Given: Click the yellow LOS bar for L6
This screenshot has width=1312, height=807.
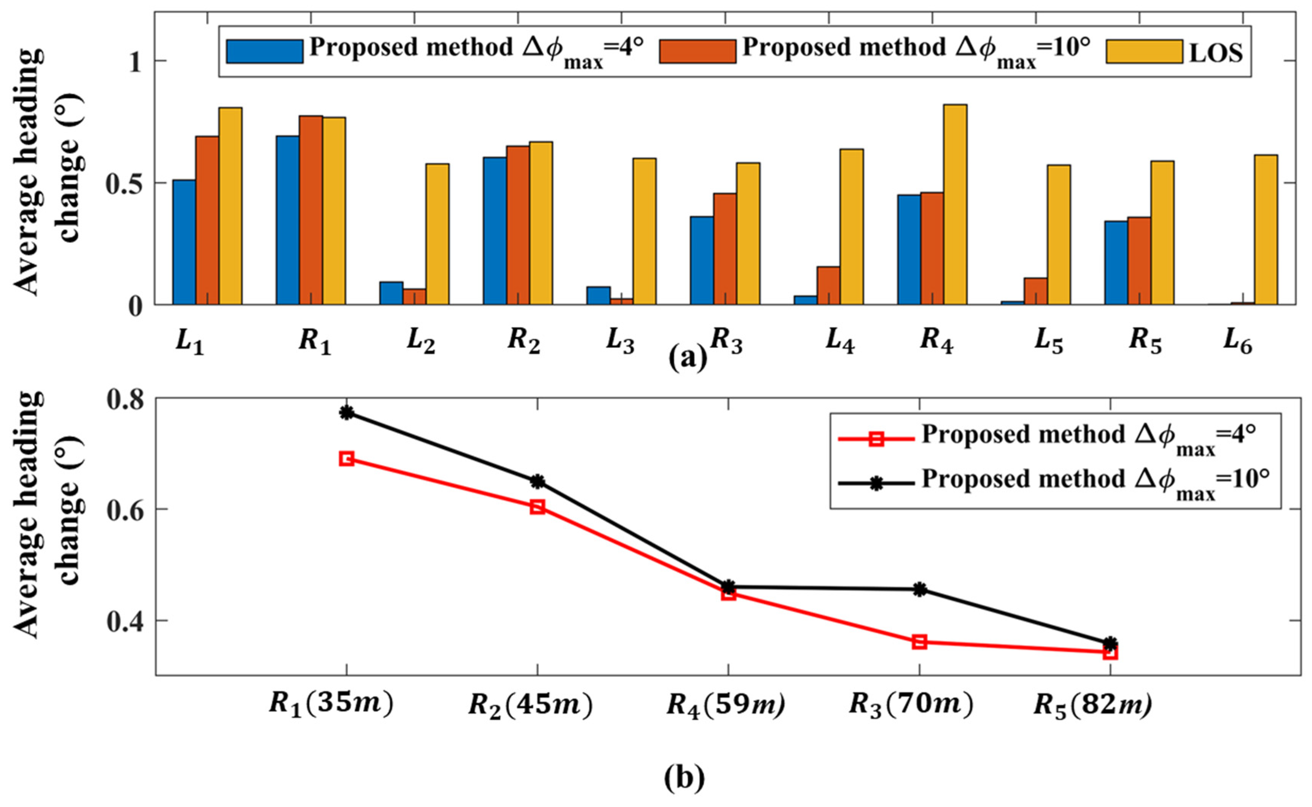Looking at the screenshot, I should (1266, 229).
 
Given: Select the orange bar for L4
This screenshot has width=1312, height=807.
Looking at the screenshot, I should (828, 285).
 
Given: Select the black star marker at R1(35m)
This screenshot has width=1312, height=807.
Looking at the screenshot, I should (347, 412).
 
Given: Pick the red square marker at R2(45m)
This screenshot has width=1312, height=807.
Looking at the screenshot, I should (538, 506).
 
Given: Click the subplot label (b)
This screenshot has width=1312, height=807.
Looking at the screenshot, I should (684, 779).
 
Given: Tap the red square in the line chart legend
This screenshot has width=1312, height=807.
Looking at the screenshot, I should (876, 439).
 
